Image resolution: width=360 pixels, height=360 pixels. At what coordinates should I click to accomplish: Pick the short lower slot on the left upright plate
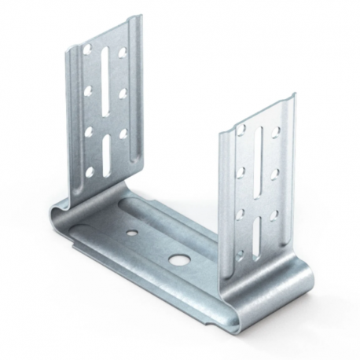click(106, 149)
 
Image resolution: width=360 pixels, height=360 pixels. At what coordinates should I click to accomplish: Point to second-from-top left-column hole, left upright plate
click(88, 88)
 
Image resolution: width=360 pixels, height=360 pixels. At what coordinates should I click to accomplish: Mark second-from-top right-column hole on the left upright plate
click(123, 93)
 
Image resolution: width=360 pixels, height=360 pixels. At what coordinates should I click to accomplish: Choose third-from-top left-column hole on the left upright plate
click(88, 130)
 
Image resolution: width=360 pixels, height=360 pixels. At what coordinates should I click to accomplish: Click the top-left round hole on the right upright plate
click(241, 128)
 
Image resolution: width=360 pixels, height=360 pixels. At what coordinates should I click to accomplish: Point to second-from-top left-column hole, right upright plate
click(241, 169)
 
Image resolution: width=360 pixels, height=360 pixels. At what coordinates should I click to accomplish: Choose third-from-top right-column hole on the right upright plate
click(274, 214)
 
